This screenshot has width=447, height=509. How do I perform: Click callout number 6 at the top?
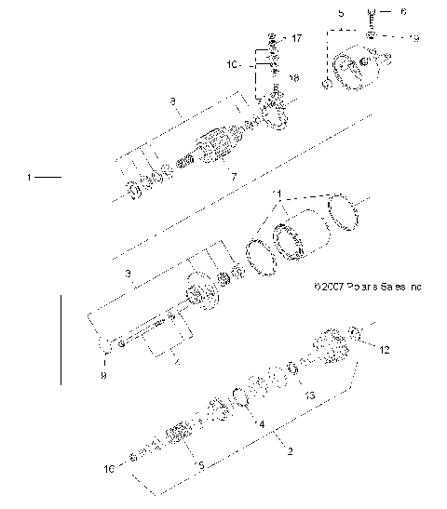tap(405, 13)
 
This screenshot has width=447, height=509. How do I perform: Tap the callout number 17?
tap(297, 39)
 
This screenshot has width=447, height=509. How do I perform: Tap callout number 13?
tap(311, 395)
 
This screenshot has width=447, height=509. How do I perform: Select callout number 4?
tap(262, 425)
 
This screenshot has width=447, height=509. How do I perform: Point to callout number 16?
tap(110, 471)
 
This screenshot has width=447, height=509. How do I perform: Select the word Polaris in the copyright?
tap(362, 288)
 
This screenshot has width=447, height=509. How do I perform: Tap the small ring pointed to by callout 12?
tap(357, 330)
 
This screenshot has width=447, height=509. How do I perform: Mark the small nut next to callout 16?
tap(133, 460)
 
